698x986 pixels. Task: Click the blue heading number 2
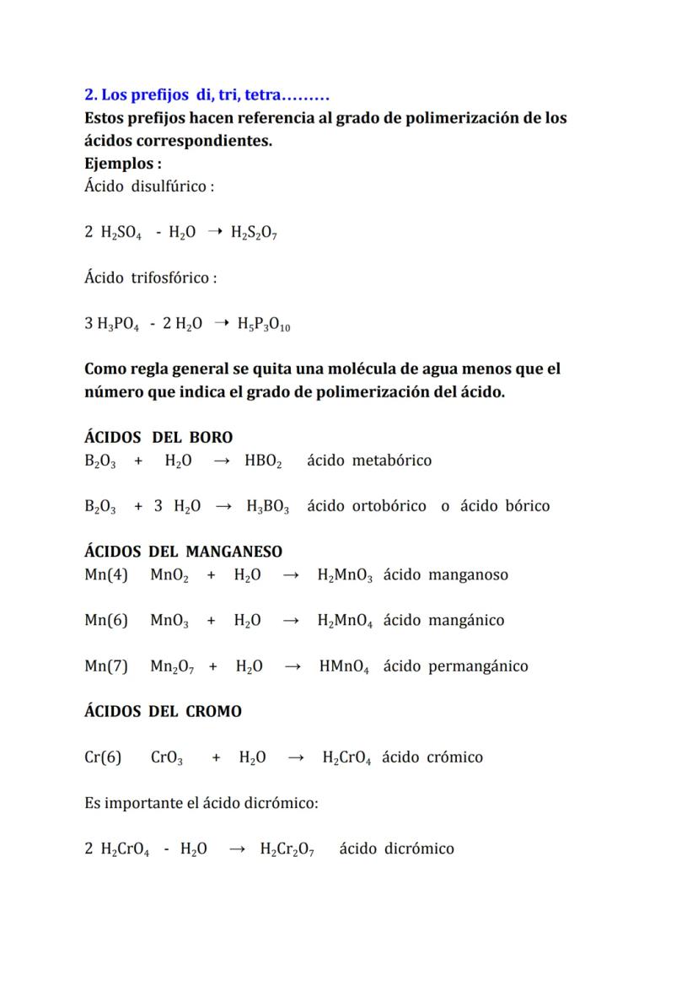click(x=89, y=95)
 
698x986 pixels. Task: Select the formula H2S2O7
click(x=255, y=233)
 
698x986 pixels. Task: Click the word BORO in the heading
click(x=210, y=437)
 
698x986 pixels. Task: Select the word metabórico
click(x=392, y=461)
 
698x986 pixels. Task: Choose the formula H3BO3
click(x=268, y=506)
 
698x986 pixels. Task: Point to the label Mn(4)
click(x=106, y=575)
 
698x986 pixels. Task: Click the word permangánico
click(x=478, y=666)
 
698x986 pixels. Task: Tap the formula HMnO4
click(x=344, y=666)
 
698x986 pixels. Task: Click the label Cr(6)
click(x=103, y=757)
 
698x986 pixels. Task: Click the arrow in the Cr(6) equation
click(x=295, y=757)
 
